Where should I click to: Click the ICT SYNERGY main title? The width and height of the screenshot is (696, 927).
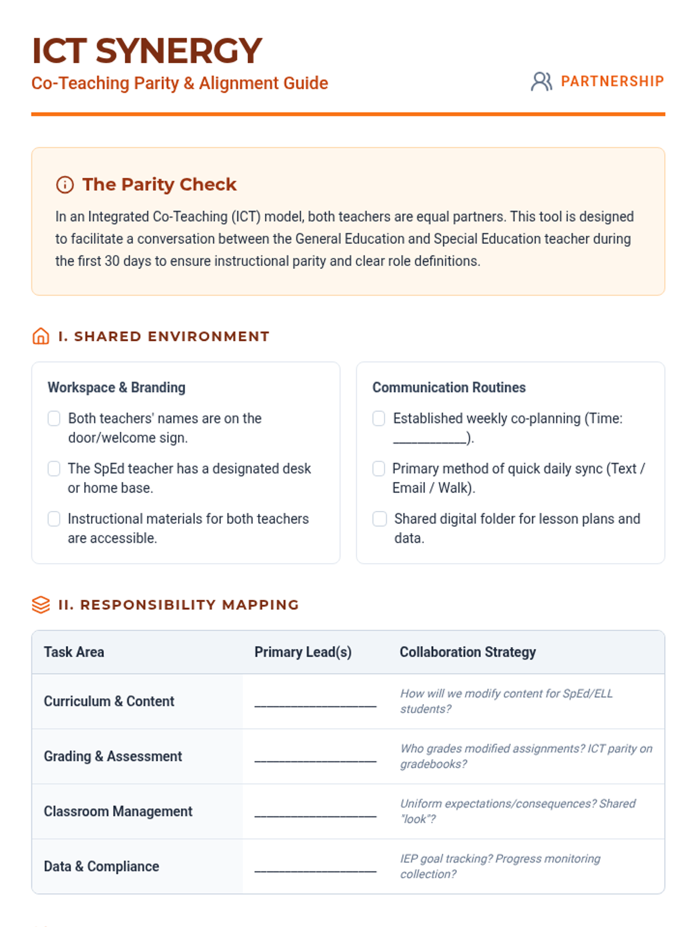(147, 51)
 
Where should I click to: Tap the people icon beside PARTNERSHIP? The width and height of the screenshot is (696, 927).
(541, 82)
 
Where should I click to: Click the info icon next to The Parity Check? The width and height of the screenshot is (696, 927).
(65, 185)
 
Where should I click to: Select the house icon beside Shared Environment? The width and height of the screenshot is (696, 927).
(41, 336)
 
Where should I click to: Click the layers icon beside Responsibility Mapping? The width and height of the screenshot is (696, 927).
(41, 604)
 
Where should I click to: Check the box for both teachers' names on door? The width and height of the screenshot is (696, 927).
(54, 418)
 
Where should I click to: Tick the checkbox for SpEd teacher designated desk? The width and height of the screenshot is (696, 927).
(54, 469)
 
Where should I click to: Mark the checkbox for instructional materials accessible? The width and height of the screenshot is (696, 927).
(54, 519)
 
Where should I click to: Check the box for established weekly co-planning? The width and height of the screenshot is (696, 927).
(379, 418)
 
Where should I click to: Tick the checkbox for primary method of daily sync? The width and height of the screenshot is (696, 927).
(379, 469)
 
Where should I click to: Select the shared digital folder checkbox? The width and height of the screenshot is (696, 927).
(379, 519)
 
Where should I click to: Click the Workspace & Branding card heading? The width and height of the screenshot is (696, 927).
(117, 388)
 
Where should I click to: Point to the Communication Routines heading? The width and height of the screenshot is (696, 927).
(449, 388)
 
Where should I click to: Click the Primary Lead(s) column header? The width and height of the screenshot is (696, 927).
(303, 652)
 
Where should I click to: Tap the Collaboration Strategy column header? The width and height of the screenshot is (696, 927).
(467, 652)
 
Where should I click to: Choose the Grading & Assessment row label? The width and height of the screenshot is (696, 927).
(113, 757)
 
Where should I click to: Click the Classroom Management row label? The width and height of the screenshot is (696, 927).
(118, 812)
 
